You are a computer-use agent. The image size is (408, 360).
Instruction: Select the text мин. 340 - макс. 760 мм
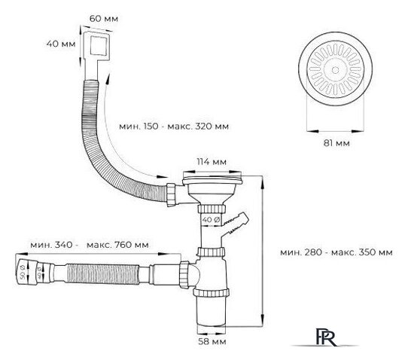(x=90, y=246)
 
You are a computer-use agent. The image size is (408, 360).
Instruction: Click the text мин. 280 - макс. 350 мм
(x=334, y=252)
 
